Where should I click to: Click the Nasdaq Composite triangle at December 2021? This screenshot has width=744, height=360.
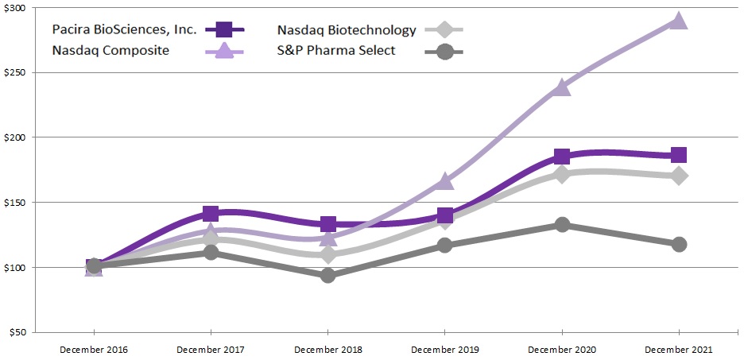(x=678, y=21)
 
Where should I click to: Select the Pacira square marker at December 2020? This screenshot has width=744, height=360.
(x=562, y=157)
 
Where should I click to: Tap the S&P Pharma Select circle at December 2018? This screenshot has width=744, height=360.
(x=327, y=276)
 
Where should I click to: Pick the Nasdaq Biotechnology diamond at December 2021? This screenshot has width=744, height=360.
(x=678, y=176)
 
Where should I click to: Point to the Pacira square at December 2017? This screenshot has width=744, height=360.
(x=211, y=214)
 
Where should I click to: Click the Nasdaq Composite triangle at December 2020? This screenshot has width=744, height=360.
(x=562, y=87)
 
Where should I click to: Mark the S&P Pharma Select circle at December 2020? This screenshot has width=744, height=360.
(x=562, y=225)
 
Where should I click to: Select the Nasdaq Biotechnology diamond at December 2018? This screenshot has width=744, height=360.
(x=327, y=254)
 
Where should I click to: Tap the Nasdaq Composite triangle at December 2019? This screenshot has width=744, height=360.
(x=444, y=182)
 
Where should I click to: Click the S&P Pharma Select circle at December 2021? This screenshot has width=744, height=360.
(x=678, y=244)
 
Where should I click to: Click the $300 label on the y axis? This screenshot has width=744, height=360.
(x=15, y=8)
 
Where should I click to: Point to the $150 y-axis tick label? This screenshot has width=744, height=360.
(x=15, y=203)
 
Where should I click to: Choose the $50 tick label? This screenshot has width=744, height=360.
(x=17, y=332)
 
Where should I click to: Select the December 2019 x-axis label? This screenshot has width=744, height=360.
(x=444, y=350)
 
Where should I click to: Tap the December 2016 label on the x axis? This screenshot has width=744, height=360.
(x=94, y=350)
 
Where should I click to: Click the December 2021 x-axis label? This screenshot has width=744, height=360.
(x=678, y=350)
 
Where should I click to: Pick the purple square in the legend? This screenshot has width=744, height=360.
(x=223, y=30)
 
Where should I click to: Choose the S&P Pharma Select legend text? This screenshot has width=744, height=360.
(x=336, y=52)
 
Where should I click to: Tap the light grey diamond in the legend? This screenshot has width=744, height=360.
(x=445, y=30)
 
